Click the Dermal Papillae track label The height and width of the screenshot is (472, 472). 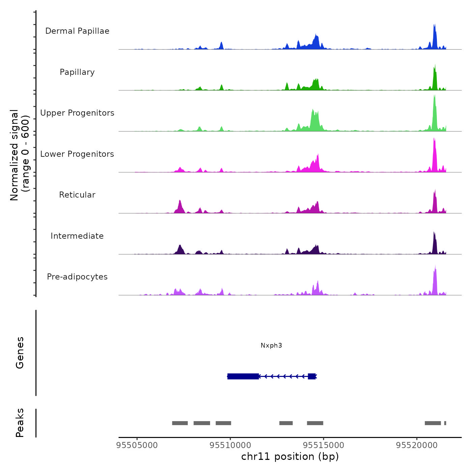click(x=77, y=31)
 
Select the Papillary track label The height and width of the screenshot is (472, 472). click(x=77, y=72)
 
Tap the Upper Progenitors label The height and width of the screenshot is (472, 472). click(x=77, y=113)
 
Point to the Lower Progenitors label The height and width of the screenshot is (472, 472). click(x=77, y=154)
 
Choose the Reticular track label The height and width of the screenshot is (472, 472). click(x=77, y=195)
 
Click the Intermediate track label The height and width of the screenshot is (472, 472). click(x=77, y=236)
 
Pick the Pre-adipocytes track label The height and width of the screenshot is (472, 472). click(x=77, y=277)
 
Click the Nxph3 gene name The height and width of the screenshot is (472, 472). click(x=271, y=345)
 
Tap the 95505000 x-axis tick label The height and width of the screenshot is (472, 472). click(x=137, y=445)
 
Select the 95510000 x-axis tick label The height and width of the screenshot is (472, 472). click(x=230, y=445)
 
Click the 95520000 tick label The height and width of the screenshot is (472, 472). click(x=417, y=445)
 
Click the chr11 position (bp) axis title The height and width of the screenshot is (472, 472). click(x=290, y=456)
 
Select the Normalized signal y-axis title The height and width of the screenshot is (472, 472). click(x=20, y=155)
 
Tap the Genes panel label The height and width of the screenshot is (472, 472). click(x=20, y=353)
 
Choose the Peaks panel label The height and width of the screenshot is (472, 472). click(x=20, y=423)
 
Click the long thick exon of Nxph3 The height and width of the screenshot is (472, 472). click(x=243, y=376)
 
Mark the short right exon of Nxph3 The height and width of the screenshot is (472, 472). click(x=312, y=376)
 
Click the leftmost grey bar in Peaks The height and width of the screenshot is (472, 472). click(x=180, y=423)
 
